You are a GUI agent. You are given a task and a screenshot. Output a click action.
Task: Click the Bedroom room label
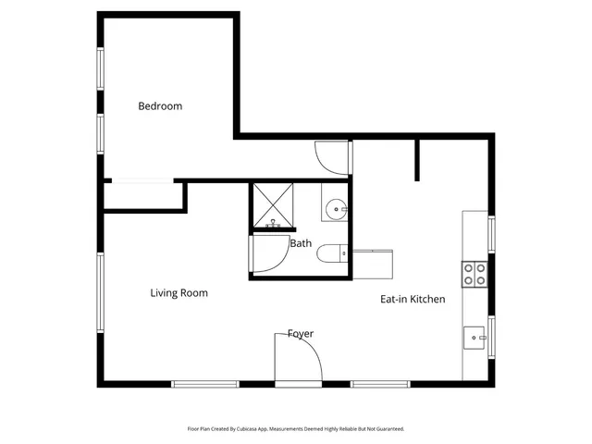tap(160, 105)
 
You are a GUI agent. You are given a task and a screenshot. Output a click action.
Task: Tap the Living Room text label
tap(179, 293)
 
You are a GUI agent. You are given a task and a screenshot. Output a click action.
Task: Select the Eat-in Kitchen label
tap(413, 299)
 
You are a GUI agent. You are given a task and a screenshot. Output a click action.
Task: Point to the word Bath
tap(301, 244)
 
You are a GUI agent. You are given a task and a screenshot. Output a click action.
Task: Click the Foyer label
tap(300, 333)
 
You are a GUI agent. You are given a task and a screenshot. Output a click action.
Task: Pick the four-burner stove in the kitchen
tap(475, 273)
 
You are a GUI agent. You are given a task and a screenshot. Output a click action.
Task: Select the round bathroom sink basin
tap(335, 209)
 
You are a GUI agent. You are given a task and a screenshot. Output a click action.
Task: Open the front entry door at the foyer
tap(298, 359)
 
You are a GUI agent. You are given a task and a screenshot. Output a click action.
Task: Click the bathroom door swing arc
tap(269, 253)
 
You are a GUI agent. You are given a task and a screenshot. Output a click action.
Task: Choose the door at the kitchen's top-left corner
tap(331, 156)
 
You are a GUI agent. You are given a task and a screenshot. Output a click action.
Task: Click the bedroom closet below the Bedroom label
tap(143, 195)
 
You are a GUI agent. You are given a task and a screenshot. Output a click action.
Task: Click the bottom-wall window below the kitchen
tap(379, 383)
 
